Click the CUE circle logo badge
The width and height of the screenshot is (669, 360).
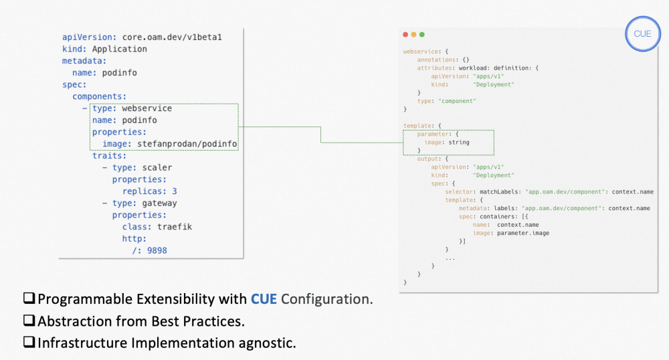pos(642,34)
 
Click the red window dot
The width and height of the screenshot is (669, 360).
pos(405,34)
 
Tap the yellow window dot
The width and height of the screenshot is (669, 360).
pos(413,34)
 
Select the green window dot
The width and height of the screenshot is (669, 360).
pos(421,34)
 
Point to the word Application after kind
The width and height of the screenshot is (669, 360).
pos(119,49)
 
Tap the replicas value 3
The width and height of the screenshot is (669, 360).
pos(174,191)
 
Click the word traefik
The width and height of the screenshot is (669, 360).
pos(176,227)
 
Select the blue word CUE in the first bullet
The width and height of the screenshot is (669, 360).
pos(264,299)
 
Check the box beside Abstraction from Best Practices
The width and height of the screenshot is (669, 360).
pos(29,321)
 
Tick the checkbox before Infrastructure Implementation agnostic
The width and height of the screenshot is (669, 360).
pos(29,343)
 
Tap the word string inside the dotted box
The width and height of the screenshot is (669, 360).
pos(459,142)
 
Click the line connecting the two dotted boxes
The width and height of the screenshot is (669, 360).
pos(321,134)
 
